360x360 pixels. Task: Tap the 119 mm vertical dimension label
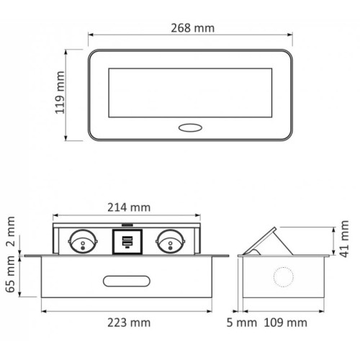click(x=60, y=94)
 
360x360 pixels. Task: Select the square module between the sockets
click(x=126, y=240)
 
